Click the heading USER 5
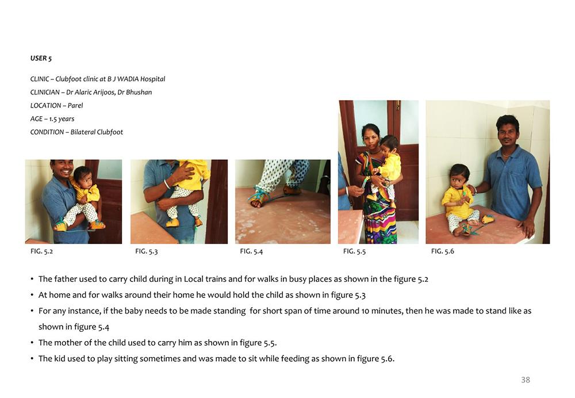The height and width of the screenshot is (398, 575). click(x=41, y=58)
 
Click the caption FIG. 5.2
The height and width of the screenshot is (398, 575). click(x=42, y=251)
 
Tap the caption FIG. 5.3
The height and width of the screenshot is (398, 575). click(x=147, y=251)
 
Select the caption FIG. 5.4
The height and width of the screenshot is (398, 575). click(x=251, y=251)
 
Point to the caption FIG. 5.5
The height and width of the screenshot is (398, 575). click(x=354, y=251)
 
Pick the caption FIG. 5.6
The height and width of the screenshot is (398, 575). click(x=443, y=251)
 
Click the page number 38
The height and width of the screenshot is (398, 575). click(x=526, y=380)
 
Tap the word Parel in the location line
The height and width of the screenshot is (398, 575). click(x=75, y=106)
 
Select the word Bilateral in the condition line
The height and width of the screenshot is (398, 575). click(x=82, y=132)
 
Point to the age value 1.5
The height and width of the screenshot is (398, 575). click(x=53, y=119)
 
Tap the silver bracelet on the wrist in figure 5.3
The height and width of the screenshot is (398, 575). click(x=167, y=184)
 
